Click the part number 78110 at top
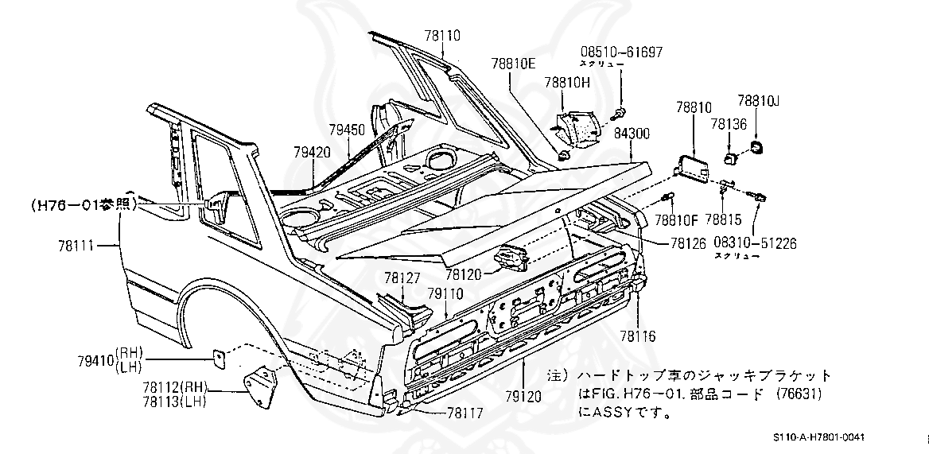tap(442, 36)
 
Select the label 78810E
tap(513, 63)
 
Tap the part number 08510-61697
tap(620, 52)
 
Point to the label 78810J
tap(759, 101)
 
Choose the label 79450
tap(347, 129)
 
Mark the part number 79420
tap(312, 151)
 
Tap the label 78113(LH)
tap(174, 401)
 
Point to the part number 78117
tap(465, 412)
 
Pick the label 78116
tap(639, 336)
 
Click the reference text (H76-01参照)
tap(84, 204)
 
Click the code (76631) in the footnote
tap(796, 394)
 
